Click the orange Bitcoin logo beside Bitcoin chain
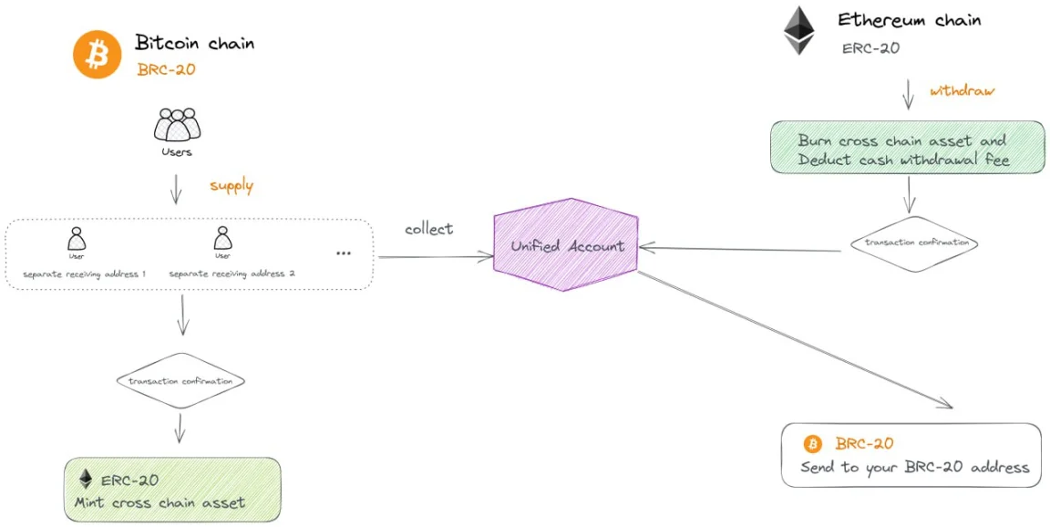coord(98,55)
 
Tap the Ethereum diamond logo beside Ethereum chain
coord(799,31)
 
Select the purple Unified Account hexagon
coord(567,245)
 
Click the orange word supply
coord(232,186)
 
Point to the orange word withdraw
coord(962,91)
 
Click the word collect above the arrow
coord(428,229)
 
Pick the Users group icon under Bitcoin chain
coord(176,124)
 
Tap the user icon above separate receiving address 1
coord(77,239)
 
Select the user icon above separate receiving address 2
coord(222,239)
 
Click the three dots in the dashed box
coord(344,253)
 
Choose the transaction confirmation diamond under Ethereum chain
coord(914,243)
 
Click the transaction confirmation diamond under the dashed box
coord(180,381)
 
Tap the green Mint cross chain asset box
coord(171,490)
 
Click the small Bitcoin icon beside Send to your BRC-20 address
coord(812,444)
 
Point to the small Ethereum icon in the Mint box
coord(87,479)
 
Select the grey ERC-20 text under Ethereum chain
coord(870,47)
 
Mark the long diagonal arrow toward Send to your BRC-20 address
coord(793,342)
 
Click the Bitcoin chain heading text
coord(194,42)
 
